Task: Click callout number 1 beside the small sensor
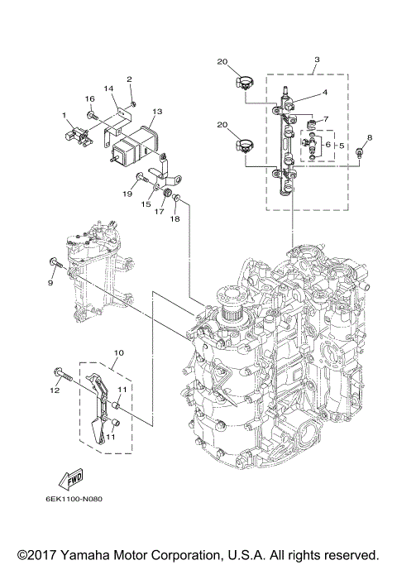[62, 114]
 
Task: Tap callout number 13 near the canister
[157, 111]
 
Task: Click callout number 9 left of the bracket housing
[50, 283]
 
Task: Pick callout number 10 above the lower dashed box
[118, 352]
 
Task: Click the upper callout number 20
[222, 61]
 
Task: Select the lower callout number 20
[222, 124]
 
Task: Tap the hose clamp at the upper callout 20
[243, 80]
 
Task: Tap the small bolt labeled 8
[361, 153]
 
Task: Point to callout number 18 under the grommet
[174, 218]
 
